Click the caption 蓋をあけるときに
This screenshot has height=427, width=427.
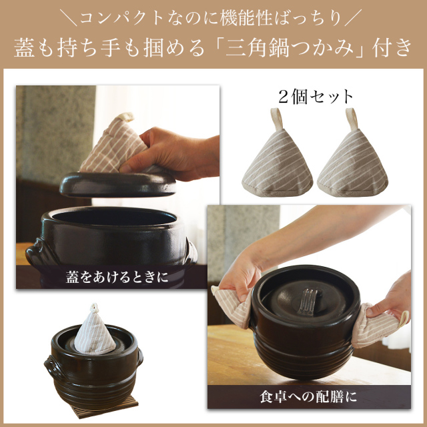(117, 278)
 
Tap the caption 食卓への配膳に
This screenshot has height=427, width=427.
(308, 397)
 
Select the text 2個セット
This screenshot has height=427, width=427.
(316, 97)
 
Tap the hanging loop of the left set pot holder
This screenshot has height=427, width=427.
(276, 119)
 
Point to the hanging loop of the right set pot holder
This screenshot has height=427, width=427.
(352, 119)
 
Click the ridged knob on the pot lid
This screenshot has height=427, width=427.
(308, 301)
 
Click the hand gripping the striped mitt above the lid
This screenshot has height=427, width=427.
(174, 154)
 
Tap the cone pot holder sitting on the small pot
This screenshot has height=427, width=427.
(95, 330)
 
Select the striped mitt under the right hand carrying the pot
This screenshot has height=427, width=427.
(377, 326)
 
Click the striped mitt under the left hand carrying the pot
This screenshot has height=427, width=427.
(233, 306)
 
